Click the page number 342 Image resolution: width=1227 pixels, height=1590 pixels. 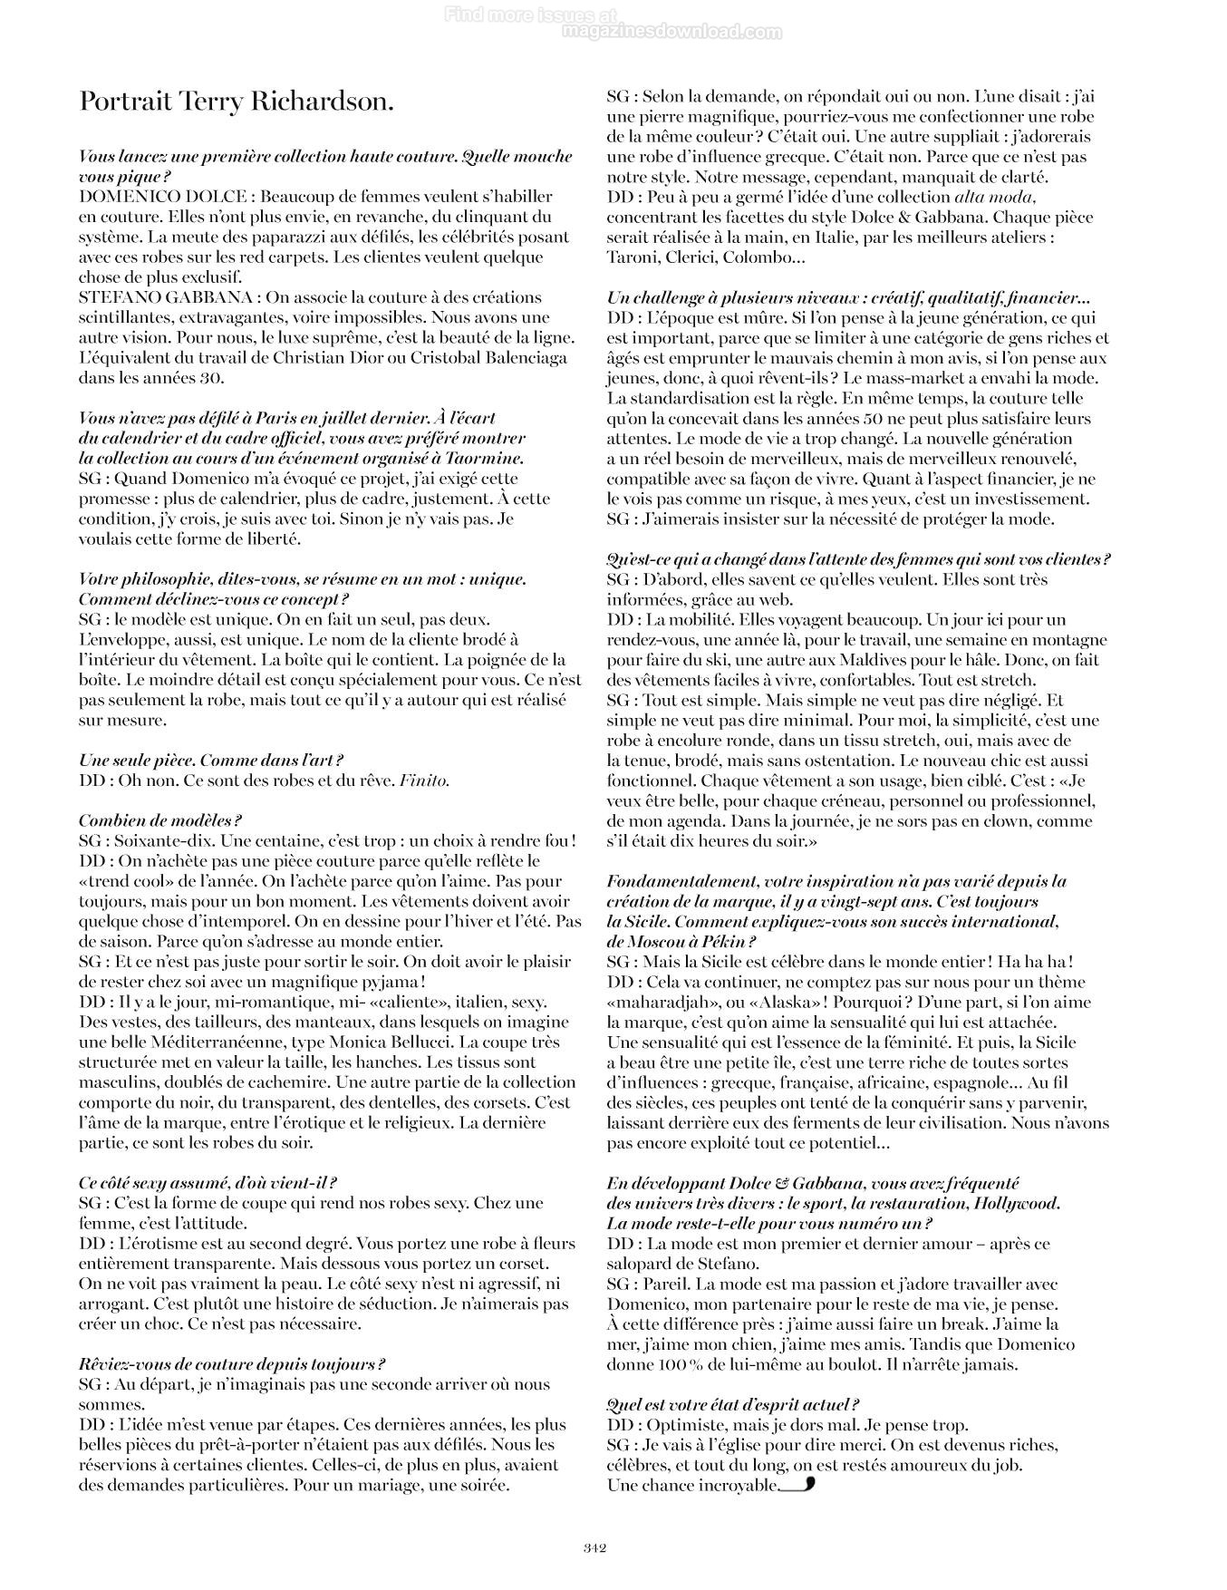594,1547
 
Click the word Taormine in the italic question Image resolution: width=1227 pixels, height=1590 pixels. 490,459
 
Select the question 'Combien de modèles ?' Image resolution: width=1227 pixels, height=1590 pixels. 159,820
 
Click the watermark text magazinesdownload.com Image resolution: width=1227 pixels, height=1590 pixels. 671,33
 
